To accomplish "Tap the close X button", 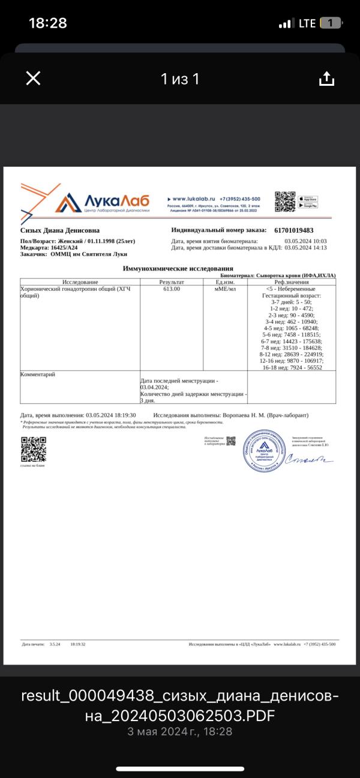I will point(33,78).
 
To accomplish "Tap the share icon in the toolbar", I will point(326,79).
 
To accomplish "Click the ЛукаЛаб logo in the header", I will point(102,203).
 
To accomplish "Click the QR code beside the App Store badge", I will point(285,202).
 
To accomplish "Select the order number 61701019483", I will point(293,230).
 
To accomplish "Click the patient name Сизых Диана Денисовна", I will point(60,230).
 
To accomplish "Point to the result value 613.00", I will point(172,289).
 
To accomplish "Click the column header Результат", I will point(172,282).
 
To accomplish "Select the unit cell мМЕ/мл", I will point(225,289).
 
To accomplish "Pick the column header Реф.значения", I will point(292,282).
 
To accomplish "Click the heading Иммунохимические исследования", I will point(178,268).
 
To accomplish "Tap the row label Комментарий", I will point(38,374).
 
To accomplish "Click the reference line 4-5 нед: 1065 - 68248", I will point(293,328).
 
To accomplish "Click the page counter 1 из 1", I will point(179,79).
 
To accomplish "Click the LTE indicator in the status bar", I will point(307,23).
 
